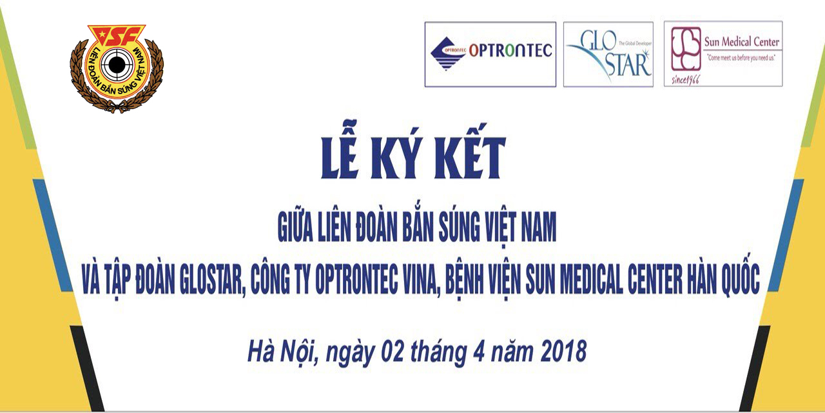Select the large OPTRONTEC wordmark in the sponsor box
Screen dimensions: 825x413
point(510,50)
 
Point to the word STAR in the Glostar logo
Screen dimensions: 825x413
point(628,65)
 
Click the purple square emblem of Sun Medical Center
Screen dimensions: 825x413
point(686,48)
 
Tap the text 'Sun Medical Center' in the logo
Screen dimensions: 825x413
point(741,42)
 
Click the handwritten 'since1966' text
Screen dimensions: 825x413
point(685,79)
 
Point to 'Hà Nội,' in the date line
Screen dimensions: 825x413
point(283,352)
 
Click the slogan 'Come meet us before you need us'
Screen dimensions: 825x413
point(741,58)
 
